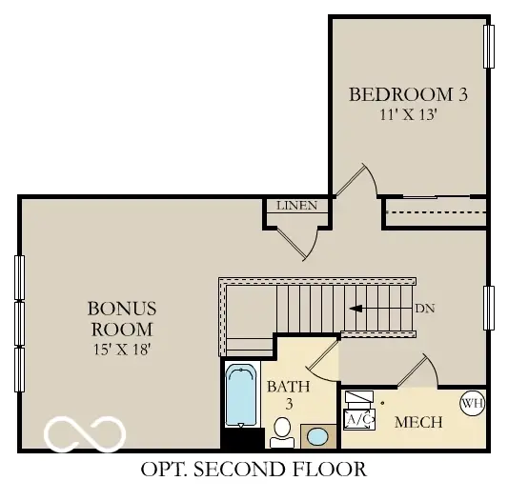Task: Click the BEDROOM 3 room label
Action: click(x=407, y=94)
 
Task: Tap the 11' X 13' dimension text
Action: click(x=407, y=114)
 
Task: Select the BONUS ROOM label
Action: click(x=121, y=319)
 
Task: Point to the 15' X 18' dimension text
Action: click(x=121, y=350)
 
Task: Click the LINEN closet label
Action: click(x=296, y=206)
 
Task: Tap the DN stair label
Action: click(x=425, y=309)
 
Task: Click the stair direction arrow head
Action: click(x=356, y=309)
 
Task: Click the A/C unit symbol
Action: click(x=358, y=418)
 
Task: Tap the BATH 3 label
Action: click(x=282, y=395)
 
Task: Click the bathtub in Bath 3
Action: click(x=239, y=397)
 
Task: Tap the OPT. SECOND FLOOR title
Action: click(x=253, y=469)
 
